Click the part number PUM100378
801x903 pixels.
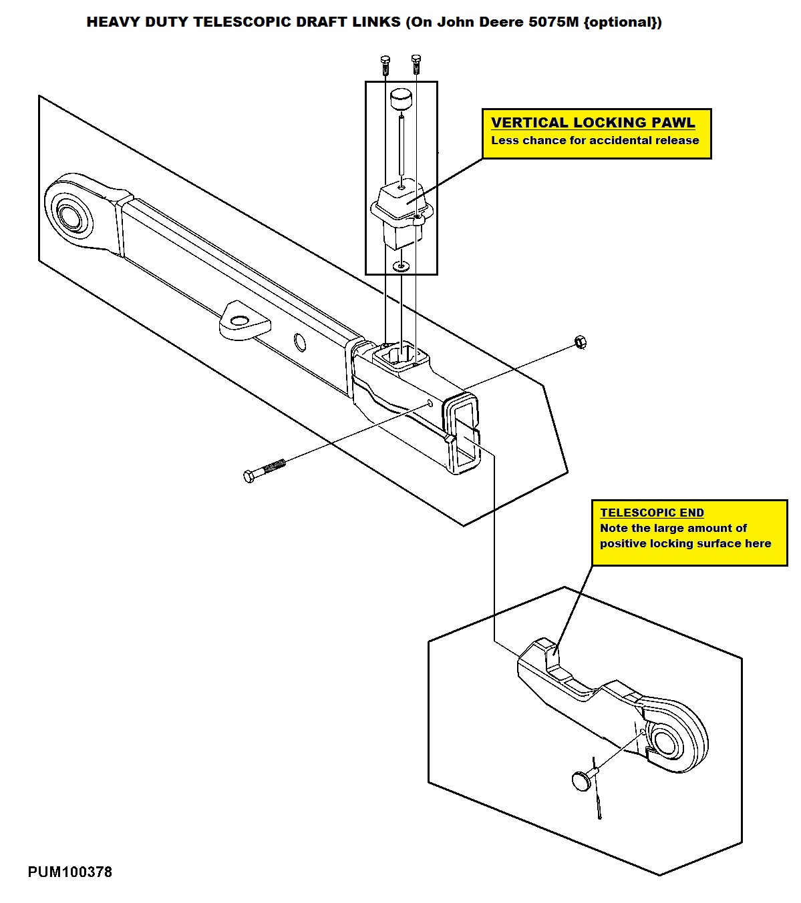[69, 872]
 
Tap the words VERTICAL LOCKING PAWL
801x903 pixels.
[593, 123]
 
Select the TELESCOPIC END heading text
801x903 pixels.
[651, 513]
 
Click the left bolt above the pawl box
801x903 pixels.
[385, 65]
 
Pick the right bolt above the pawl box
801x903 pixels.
[416, 64]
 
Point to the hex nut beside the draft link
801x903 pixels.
[580, 342]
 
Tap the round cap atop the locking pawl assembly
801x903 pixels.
[402, 99]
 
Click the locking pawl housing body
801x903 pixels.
[402, 214]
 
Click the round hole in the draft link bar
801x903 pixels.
[300, 342]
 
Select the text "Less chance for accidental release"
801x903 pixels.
[595, 140]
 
